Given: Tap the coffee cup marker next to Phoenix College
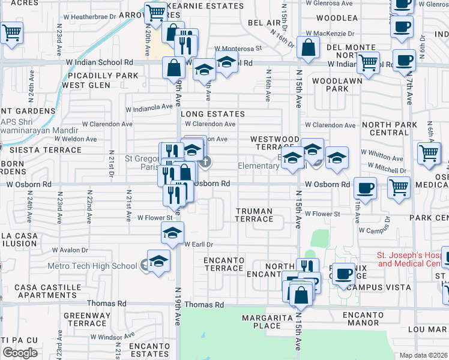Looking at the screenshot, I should [x=343, y=274].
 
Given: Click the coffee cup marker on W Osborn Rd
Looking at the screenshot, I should [x=365, y=188].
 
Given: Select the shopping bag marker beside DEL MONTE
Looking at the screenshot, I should [x=308, y=49].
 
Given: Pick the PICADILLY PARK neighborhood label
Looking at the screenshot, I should [x=103, y=76].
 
